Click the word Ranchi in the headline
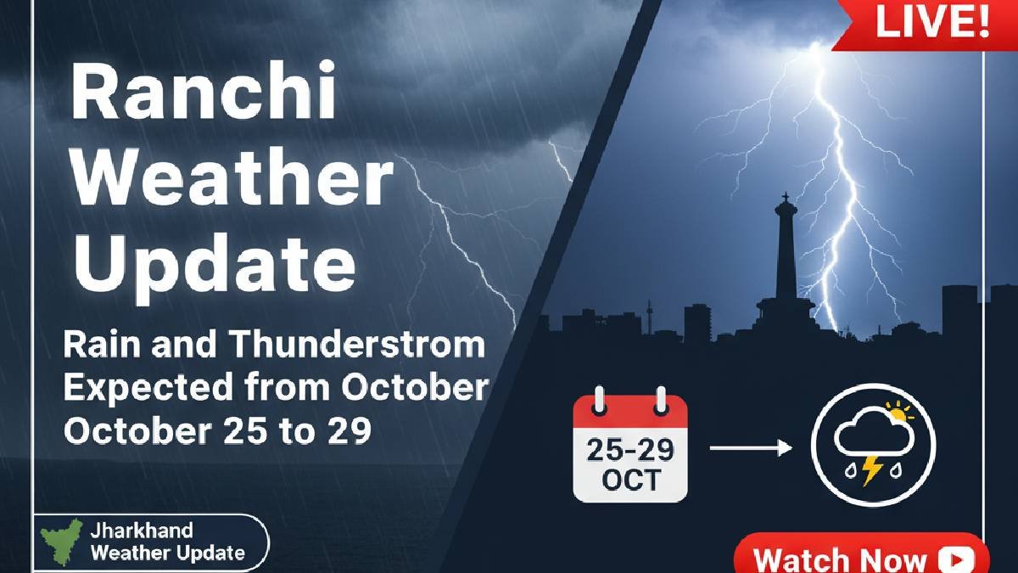(x=204, y=95)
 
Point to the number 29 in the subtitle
(x=349, y=431)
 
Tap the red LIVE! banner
(x=931, y=23)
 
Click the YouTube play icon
(x=956, y=560)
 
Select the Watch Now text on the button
(x=840, y=560)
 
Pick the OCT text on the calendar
(x=629, y=480)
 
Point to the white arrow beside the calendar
(x=750, y=446)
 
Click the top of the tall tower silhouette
(x=786, y=200)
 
